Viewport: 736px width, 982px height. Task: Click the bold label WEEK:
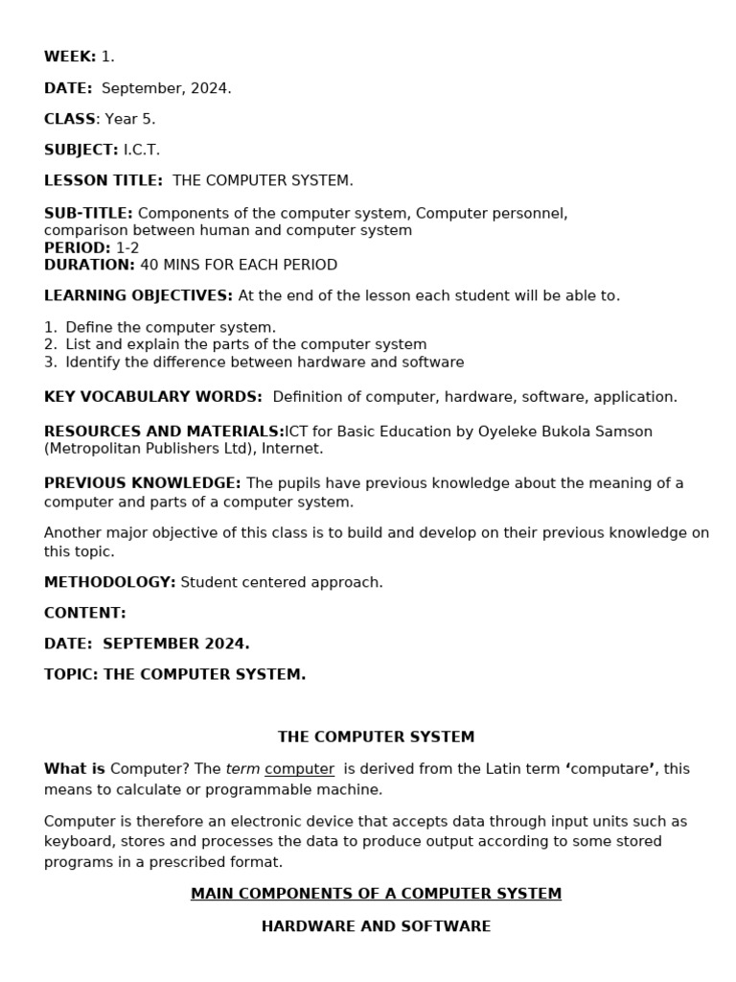pyautogui.click(x=70, y=58)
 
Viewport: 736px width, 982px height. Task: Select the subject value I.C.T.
pyautogui.click(x=142, y=150)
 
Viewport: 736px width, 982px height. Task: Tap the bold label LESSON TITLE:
pyautogui.click(x=103, y=180)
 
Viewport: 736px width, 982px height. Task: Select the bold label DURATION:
pyautogui.click(x=89, y=265)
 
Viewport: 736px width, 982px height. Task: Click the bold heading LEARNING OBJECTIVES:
pyautogui.click(x=138, y=295)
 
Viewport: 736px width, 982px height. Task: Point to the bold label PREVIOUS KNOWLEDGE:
pyautogui.click(x=143, y=483)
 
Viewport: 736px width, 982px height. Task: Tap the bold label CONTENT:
pyautogui.click(x=85, y=613)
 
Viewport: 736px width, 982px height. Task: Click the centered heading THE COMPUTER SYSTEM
pyautogui.click(x=376, y=737)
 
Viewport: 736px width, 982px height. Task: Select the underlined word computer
pyautogui.click(x=299, y=769)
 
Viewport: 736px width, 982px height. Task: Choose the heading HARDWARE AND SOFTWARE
pyautogui.click(x=376, y=926)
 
